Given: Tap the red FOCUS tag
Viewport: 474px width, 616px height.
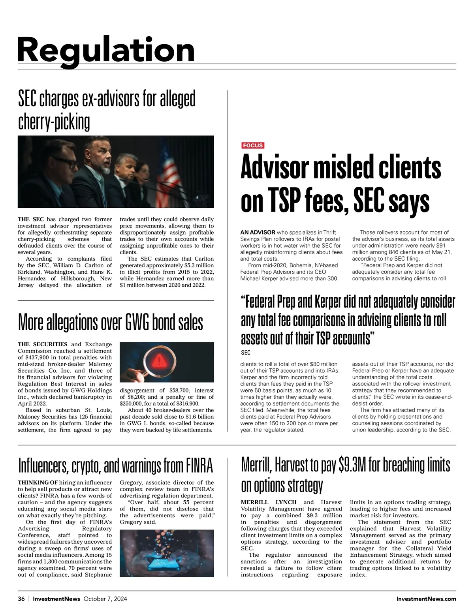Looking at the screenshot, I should click(x=253, y=145).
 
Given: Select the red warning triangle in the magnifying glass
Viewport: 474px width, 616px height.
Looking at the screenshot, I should click(x=159, y=360).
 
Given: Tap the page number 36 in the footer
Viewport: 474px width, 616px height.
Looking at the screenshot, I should click(x=21, y=599).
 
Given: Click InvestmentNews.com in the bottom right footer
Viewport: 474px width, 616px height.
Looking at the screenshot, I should click(x=426, y=599).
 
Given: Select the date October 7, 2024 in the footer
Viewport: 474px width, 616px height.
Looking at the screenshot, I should click(x=105, y=599).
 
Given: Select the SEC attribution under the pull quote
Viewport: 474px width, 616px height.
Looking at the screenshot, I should click(x=245, y=353).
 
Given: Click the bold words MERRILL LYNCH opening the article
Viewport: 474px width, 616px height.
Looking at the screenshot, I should click(x=269, y=502).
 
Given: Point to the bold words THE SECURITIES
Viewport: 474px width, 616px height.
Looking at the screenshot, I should click(x=43, y=344).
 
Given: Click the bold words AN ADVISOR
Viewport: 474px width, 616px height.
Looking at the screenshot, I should click(x=258, y=232).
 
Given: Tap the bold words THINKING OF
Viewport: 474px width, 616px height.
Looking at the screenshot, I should click(x=38, y=483).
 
